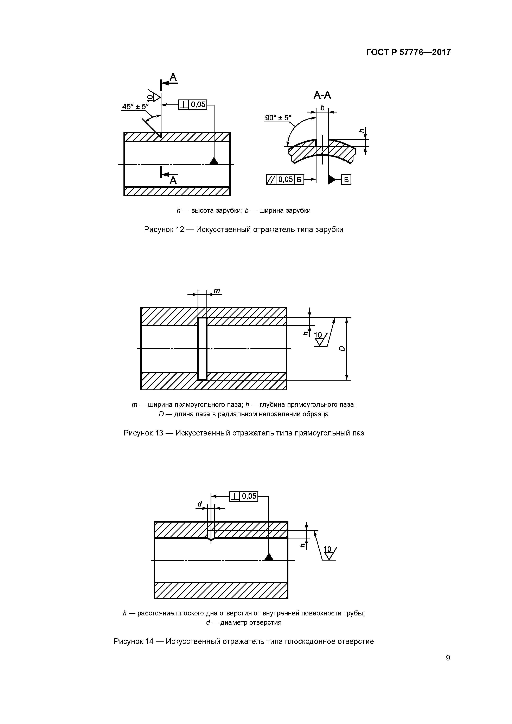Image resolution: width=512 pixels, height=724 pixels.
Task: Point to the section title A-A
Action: pyautogui.click(x=322, y=95)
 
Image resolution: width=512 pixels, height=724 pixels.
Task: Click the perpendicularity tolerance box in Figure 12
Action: pyautogui.click(x=193, y=104)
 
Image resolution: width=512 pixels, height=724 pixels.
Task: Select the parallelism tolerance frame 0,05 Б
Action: pyautogui.click(x=285, y=180)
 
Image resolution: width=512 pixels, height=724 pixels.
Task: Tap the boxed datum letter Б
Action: pyautogui.click(x=346, y=180)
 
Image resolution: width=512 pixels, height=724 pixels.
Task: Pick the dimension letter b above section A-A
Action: pyautogui.click(x=322, y=108)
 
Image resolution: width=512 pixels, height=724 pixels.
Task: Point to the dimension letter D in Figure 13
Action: pyautogui.click(x=342, y=348)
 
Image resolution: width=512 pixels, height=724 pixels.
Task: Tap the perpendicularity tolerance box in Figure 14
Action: pyautogui.click(x=244, y=496)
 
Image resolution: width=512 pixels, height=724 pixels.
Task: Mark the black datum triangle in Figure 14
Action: pyautogui.click(x=269, y=557)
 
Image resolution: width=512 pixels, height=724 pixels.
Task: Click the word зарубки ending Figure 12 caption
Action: pyautogui.click(x=329, y=229)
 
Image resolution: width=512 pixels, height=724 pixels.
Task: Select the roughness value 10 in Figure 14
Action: pyautogui.click(x=327, y=549)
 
